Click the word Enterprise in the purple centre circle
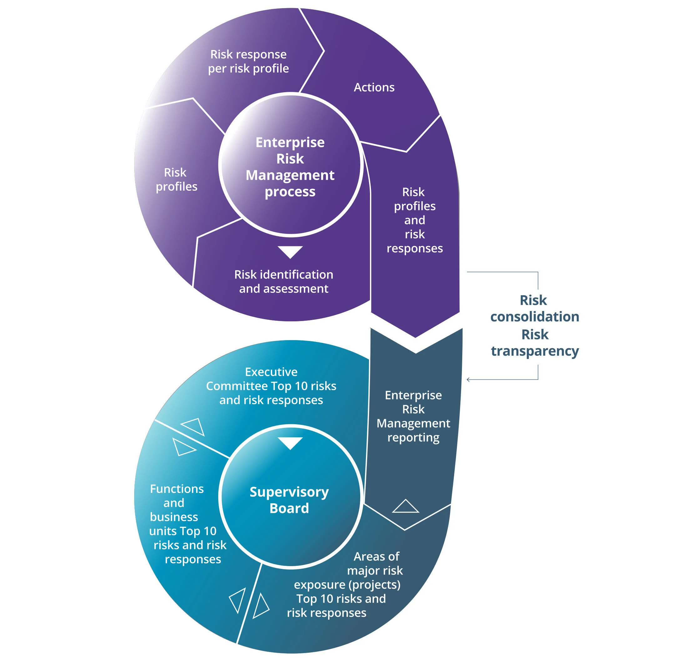pos(290,143)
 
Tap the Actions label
pos(374,87)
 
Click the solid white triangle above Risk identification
pos(290,251)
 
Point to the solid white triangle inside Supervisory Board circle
pos(290,442)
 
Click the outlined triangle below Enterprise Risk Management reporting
pos(405,507)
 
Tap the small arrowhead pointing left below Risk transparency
pos(468,379)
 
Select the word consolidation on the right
pos(534,316)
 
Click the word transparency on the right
pos(534,351)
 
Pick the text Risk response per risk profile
pos(248,61)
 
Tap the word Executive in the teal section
pos(271,372)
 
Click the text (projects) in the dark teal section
pos(374,585)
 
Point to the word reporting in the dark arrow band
pos(413,438)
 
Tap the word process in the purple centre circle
pos(290,192)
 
